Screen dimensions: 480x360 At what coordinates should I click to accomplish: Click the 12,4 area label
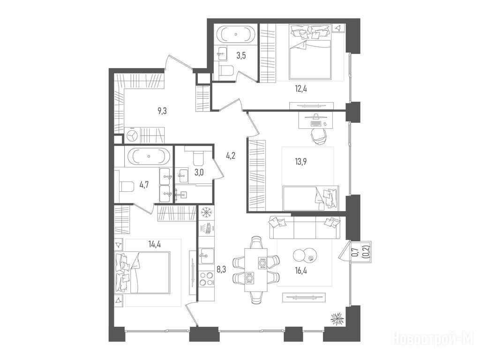pyautogui.click(x=300, y=89)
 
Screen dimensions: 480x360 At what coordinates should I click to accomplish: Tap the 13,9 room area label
pyautogui.click(x=300, y=162)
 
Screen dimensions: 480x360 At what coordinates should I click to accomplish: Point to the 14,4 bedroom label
pyautogui.click(x=155, y=244)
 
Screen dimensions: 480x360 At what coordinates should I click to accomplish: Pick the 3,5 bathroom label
pyautogui.click(x=241, y=56)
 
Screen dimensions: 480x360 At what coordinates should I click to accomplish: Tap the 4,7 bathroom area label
pyautogui.click(x=144, y=186)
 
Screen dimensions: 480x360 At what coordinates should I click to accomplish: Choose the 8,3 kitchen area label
pyautogui.click(x=221, y=270)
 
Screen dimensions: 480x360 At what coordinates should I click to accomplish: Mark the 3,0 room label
pyautogui.click(x=199, y=172)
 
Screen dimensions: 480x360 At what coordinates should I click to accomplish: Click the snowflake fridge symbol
pyautogui.click(x=207, y=212)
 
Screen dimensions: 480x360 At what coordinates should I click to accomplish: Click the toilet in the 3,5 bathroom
pyautogui.click(x=226, y=71)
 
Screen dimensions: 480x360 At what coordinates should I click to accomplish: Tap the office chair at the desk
pyautogui.click(x=319, y=135)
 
